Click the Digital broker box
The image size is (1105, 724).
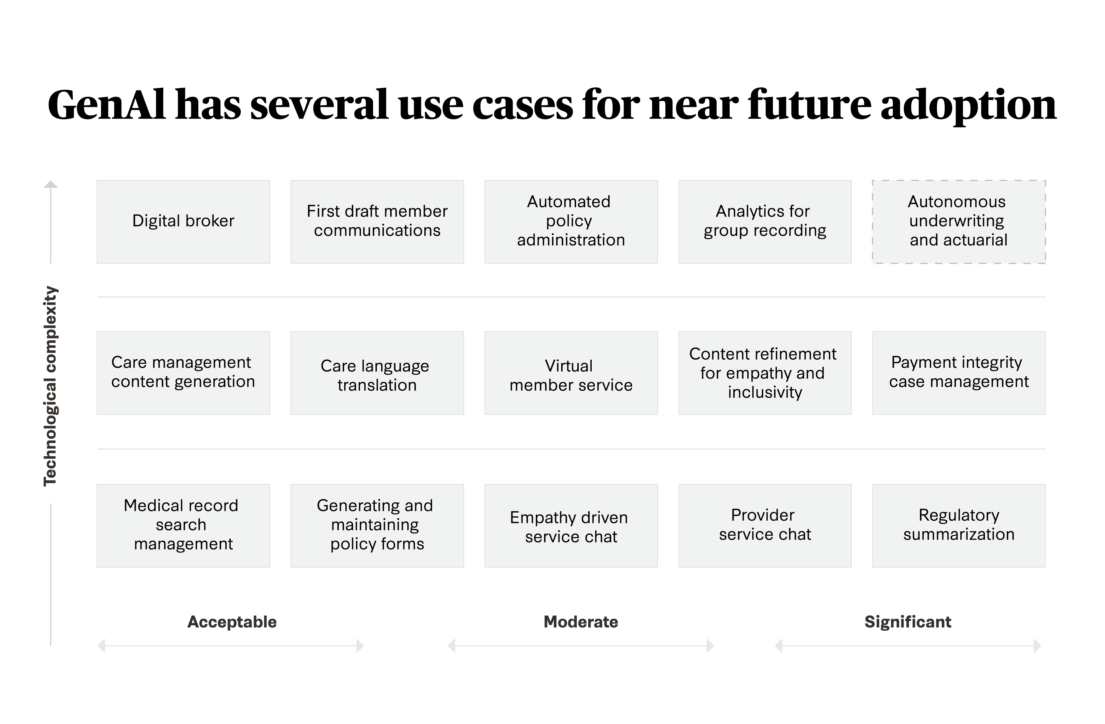coord(183,222)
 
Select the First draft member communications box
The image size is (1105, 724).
coord(377,222)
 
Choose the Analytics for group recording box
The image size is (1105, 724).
coord(765,222)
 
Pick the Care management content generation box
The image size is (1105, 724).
coord(183,372)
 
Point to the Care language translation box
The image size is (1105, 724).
coord(377,372)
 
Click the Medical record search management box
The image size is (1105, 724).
coord(183,526)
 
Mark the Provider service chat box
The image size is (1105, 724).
coord(765,526)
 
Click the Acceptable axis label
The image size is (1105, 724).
coord(232,622)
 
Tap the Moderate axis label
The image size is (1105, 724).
coord(581,622)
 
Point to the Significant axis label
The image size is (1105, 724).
coord(908,622)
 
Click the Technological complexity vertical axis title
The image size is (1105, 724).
coord(50,386)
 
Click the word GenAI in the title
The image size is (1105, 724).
coord(106,105)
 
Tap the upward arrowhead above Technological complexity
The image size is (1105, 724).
coord(51,184)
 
